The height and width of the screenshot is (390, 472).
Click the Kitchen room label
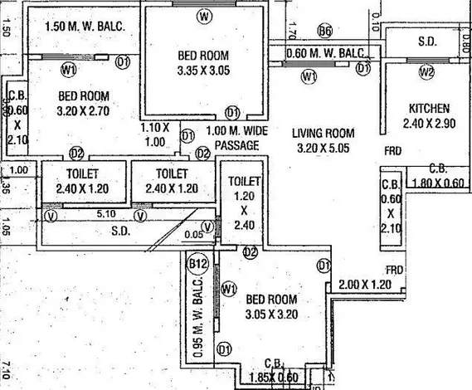coord(429,108)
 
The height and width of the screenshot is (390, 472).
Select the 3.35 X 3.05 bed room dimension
coord(203,71)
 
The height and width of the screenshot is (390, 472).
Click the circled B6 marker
coord(325,32)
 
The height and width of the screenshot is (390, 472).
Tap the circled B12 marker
coord(197,265)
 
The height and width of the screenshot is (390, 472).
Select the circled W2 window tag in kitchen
coord(427,71)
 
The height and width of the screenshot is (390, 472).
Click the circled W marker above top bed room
coord(204,16)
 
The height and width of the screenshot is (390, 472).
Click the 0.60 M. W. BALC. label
coord(325,54)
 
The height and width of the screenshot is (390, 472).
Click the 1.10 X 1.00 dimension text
coord(154,134)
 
